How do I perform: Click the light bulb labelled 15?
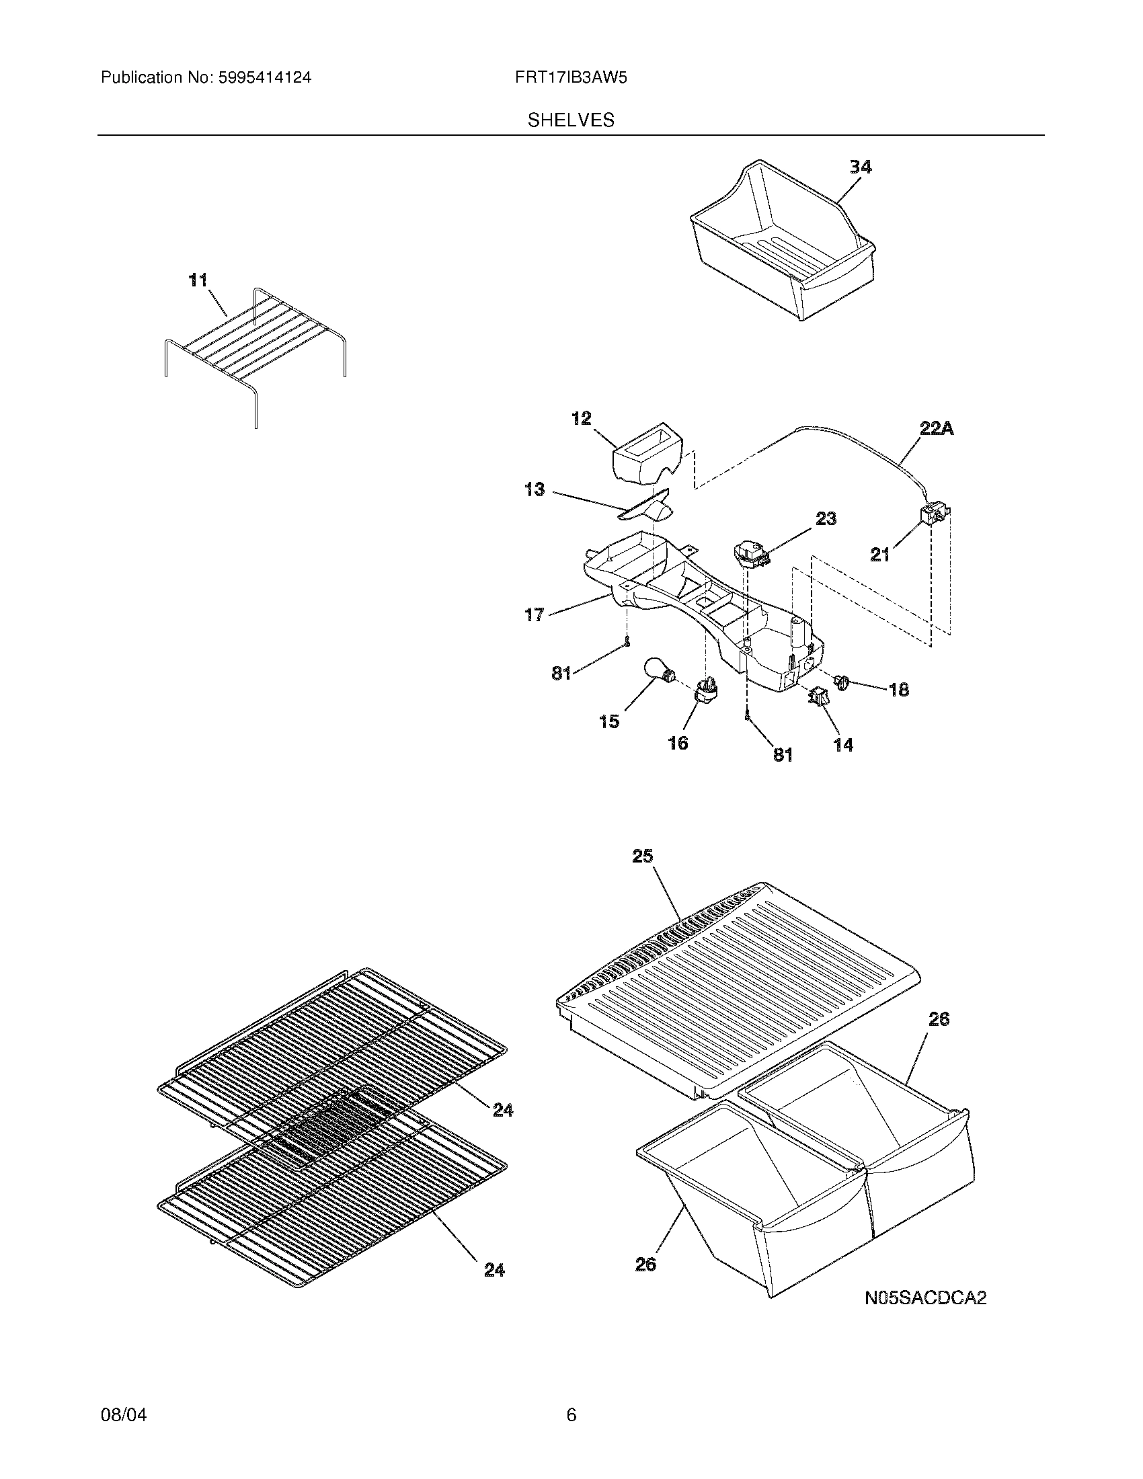pos(657,672)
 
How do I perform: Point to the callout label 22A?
pos(937,429)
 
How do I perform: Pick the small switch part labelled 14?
pos(819,698)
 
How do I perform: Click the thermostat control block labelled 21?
pos(934,517)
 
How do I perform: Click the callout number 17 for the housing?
pos(535,615)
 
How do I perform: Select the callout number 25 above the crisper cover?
pos(643,856)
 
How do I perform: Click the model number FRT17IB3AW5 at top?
pos(570,78)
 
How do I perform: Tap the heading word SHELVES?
pos(571,120)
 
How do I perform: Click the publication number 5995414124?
pos(264,78)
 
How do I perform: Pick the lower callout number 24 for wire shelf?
pos(494,1271)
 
